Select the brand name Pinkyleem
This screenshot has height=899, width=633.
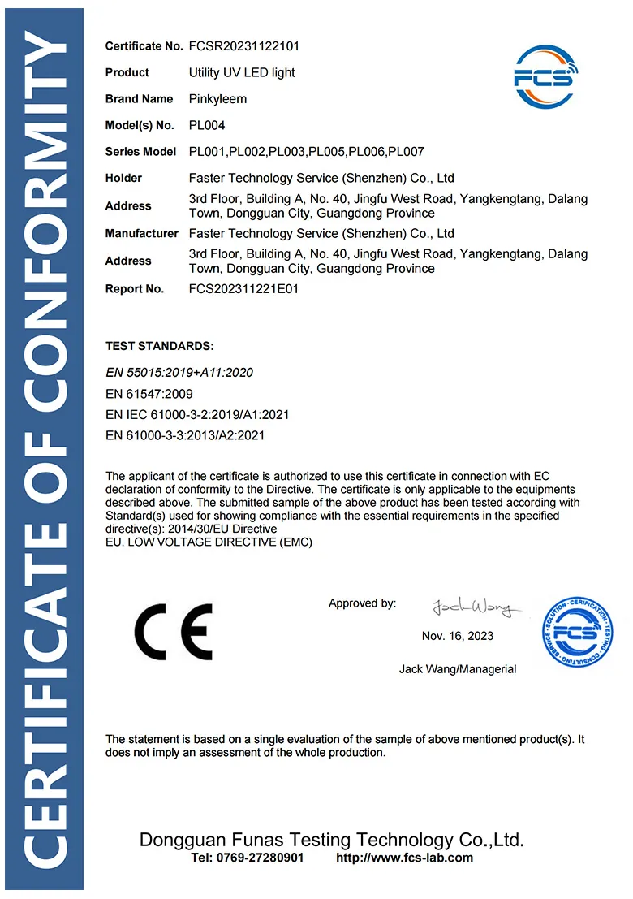click(217, 99)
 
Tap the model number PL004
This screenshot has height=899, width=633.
click(207, 126)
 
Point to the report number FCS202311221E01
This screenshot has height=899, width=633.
click(243, 289)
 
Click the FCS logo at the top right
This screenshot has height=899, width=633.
click(544, 79)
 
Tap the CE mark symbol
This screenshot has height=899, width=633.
click(173, 631)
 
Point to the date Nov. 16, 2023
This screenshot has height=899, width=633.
click(458, 636)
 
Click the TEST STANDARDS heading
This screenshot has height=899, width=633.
click(160, 346)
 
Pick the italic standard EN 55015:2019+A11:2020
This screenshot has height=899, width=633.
click(180, 373)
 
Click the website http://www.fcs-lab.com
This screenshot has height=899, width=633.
click(404, 858)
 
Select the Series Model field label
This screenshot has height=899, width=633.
click(140, 152)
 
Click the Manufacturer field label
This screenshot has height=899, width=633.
click(142, 234)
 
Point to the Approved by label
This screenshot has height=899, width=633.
click(362, 603)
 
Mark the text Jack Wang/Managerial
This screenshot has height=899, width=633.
click(458, 669)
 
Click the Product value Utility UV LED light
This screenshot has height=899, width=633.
click(242, 73)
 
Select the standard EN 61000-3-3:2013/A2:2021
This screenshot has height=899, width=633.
click(186, 436)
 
